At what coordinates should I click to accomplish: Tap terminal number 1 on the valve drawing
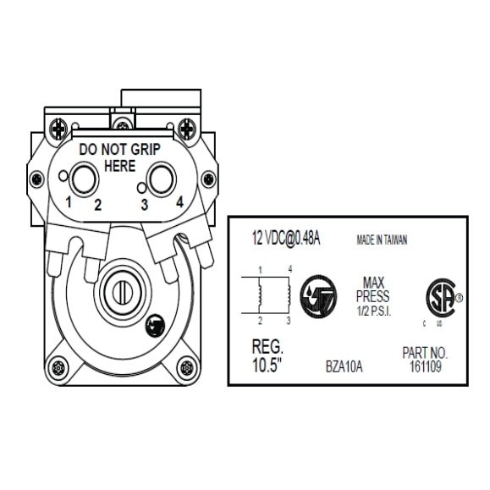coord(69,204)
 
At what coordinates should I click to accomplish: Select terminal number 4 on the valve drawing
coord(179,204)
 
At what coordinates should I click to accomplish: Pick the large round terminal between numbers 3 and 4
coord(161,179)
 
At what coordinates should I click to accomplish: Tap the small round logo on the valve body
coord(156,325)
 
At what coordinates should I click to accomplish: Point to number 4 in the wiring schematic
coord(289,269)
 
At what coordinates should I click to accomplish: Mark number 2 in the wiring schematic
coord(260,322)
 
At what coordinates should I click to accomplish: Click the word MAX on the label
coord(374,283)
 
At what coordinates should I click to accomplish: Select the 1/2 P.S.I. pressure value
coord(374,311)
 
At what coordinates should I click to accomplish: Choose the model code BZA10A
coord(344,367)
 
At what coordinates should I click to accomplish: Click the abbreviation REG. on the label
coord(267,348)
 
